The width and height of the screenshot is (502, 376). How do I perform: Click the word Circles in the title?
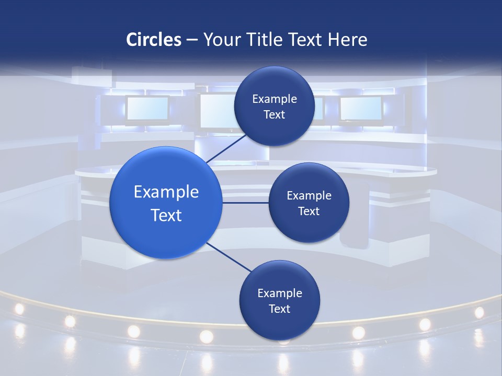coord(153,40)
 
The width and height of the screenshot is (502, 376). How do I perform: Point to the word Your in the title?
coord(221,40)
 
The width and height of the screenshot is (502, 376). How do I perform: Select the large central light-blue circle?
coord(166,203)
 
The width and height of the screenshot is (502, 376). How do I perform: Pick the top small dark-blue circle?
coord(274,106)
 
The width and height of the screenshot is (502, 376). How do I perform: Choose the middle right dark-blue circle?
coord(309,203)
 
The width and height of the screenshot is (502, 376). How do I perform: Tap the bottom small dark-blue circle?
coord(279,300)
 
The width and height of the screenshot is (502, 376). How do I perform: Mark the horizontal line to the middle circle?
coord(245,203)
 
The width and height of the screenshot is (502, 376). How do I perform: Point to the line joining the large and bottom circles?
coord(229,257)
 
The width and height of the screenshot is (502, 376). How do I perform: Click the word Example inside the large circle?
coord(166,192)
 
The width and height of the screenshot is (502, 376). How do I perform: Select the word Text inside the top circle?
coord(274,115)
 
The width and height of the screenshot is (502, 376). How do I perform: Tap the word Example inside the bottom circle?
coord(279,293)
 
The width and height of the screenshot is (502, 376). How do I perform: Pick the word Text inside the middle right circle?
coord(309,211)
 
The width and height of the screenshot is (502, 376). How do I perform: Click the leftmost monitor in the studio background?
coord(147,109)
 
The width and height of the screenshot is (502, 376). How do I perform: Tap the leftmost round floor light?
coord(19,309)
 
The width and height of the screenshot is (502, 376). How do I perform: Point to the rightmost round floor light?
coord(479,312)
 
